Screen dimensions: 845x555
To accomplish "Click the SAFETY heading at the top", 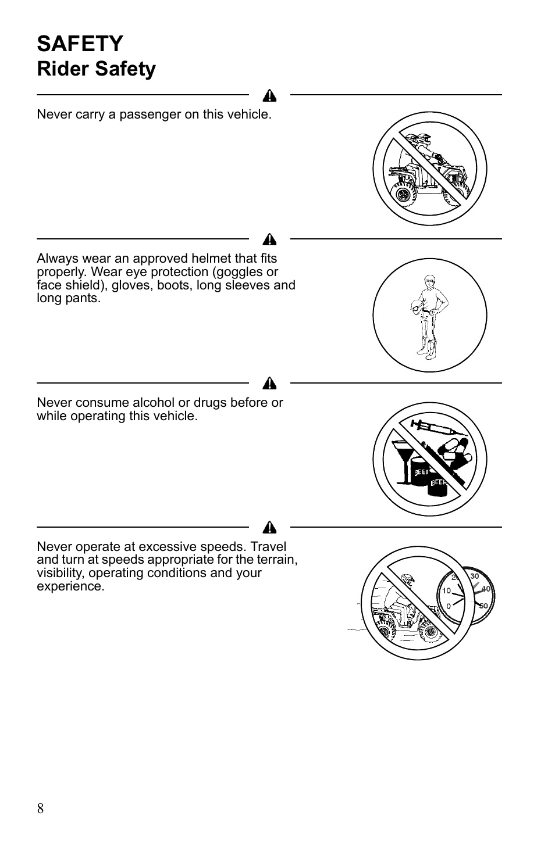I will (x=80, y=44).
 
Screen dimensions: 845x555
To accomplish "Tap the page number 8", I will (x=40, y=808).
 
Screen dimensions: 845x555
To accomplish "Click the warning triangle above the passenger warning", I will (x=269, y=96).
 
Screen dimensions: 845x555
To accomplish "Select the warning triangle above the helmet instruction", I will (x=269, y=239).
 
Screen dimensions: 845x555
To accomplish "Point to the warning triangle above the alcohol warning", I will (x=269, y=384).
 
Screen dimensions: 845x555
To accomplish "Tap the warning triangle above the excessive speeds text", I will (x=269, y=528).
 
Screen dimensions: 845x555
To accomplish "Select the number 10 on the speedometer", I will (x=446, y=590).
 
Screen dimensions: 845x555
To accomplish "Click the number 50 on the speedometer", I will (x=483, y=606).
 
